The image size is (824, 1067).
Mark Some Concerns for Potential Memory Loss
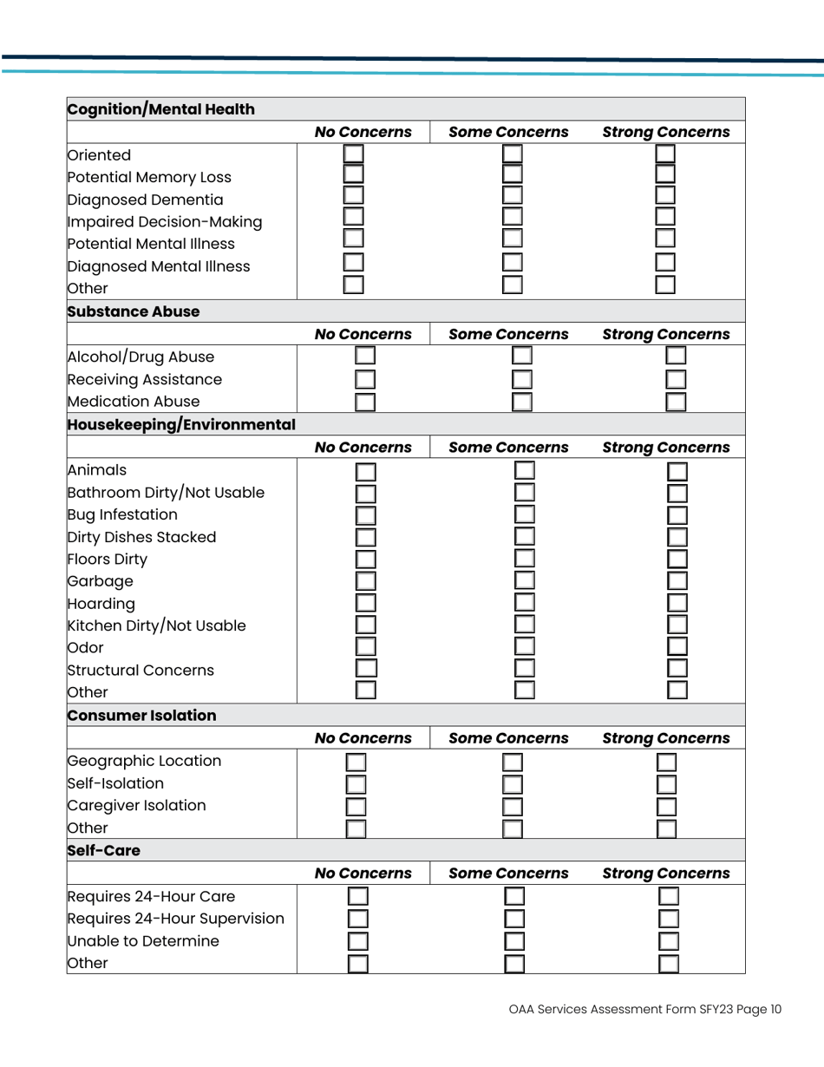513,178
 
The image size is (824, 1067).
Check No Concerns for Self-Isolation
356,785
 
